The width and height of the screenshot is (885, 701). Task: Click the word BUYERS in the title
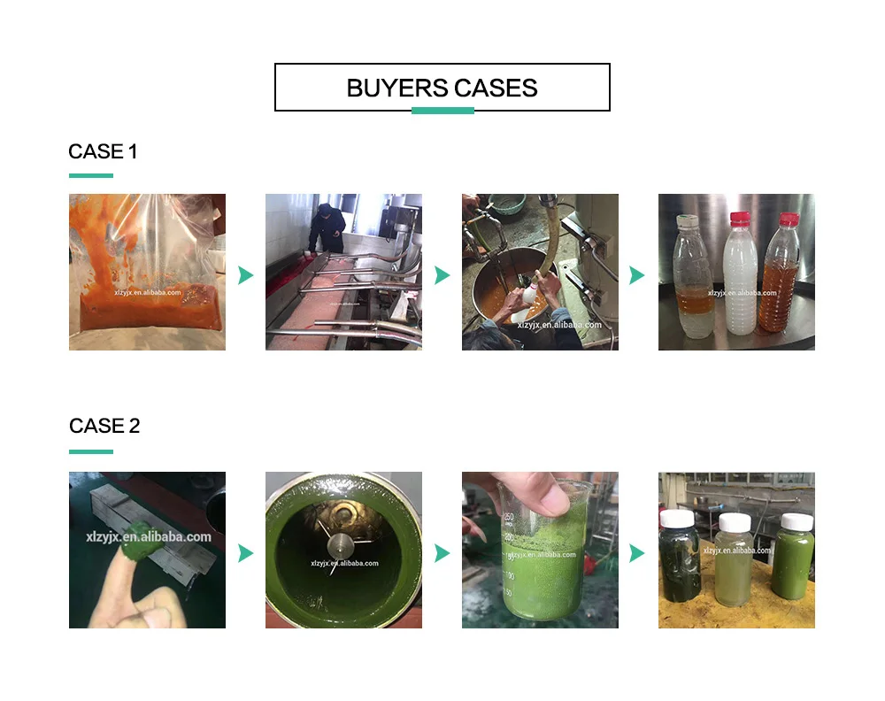397,89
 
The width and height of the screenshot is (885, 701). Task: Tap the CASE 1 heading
103,151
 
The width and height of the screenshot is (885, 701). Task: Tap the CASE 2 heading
104,426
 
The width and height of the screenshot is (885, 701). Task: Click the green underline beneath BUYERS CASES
442,111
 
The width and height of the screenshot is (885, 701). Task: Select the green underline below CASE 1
91,175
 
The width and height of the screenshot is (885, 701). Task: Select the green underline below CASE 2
91,451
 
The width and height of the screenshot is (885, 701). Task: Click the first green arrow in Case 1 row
245,275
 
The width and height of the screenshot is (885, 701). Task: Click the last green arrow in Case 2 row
636,553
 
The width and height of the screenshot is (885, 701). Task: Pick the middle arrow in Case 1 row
442,275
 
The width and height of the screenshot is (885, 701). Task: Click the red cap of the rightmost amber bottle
789,219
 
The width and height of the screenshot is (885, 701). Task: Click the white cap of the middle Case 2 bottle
735,522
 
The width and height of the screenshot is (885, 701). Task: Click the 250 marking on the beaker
509,517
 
